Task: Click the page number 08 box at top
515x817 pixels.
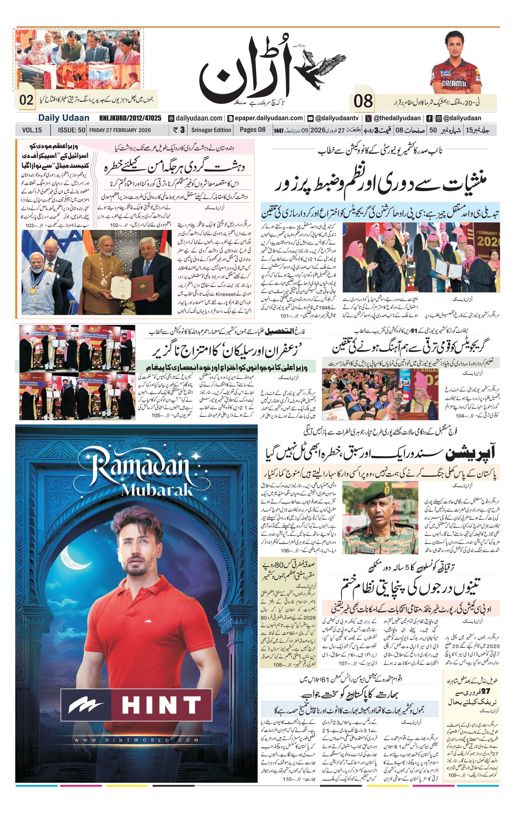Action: point(363,102)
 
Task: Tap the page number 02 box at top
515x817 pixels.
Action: point(26,100)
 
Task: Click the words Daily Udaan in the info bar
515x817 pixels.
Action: point(63,118)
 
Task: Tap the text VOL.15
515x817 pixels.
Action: point(32,130)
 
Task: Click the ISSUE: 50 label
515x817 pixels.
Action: point(71,130)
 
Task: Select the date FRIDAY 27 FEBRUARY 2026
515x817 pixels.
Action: point(120,130)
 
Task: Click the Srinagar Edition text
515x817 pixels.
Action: point(211,130)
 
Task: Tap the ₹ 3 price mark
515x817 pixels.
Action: point(179,130)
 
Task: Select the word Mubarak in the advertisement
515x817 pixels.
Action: point(157,490)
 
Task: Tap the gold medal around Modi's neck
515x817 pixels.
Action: point(33,291)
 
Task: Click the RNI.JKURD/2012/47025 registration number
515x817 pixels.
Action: point(130,118)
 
